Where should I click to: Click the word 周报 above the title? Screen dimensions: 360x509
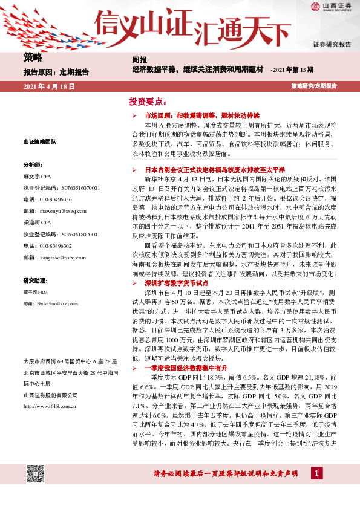139,60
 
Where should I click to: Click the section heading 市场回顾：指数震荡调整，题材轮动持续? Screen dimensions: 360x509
201,114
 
